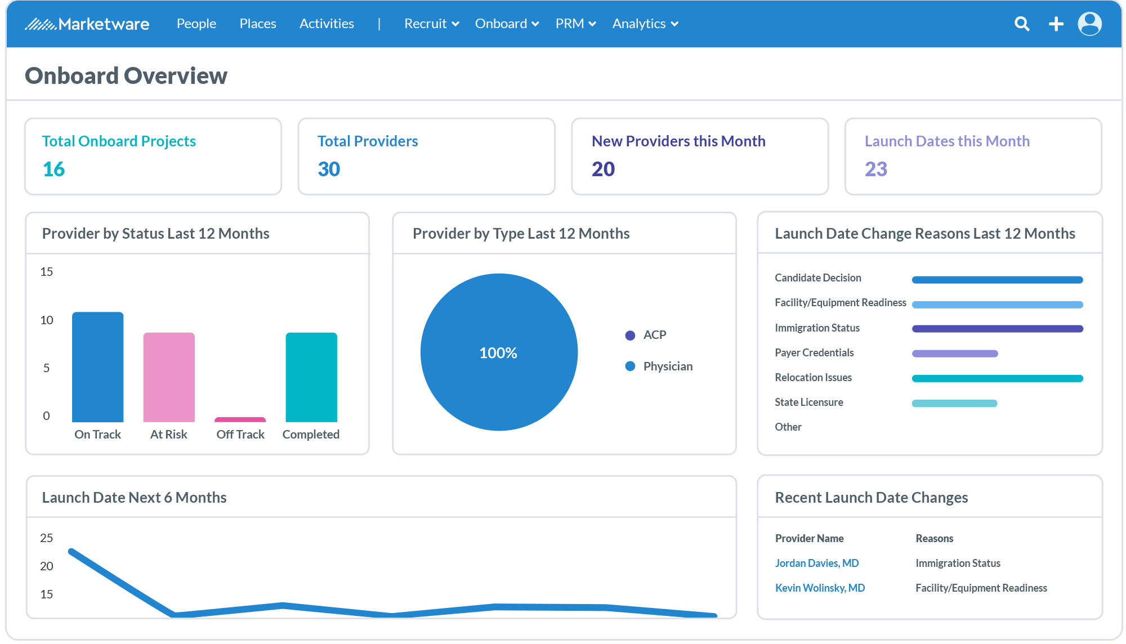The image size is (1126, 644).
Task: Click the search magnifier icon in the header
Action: point(1022,24)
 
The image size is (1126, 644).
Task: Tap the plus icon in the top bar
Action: point(1056,24)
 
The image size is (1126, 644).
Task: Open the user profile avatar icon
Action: point(1089,24)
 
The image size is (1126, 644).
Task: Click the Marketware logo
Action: point(87,24)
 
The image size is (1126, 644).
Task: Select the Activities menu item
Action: point(327,24)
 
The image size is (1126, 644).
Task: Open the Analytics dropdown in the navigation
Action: point(645,24)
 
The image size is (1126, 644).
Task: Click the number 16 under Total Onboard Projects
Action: point(53,169)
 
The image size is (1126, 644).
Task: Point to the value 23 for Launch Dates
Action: point(875,169)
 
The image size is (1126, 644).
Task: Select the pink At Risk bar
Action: point(169,377)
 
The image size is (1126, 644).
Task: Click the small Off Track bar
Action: point(240,419)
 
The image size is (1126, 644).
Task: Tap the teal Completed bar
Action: point(311,377)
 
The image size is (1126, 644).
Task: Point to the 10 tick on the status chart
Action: point(47,320)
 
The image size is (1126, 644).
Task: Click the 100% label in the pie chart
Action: point(498,353)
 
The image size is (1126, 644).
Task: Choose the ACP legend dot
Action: point(630,336)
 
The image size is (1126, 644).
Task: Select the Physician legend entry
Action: point(668,366)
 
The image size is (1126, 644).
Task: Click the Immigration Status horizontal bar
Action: point(997,329)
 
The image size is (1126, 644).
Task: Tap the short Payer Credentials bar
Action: point(955,354)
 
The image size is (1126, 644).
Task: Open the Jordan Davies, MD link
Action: point(816,563)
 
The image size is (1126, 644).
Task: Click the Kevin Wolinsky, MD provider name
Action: point(820,588)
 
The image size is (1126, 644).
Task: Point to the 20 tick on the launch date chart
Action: point(47,566)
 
